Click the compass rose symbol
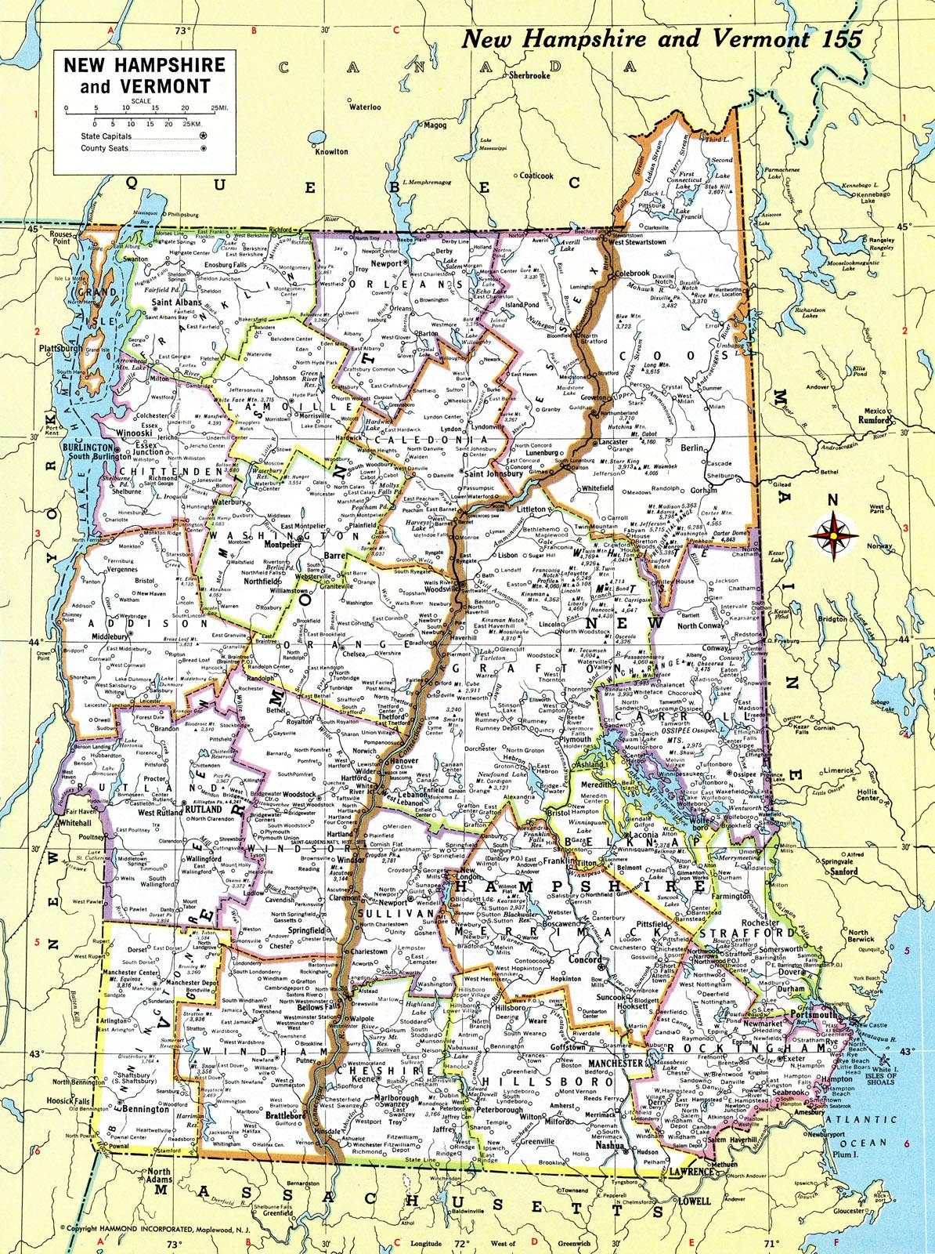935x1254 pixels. click(x=833, y=533)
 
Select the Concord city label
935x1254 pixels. click(x=583, y=959)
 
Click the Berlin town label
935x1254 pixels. click(x=694, y=447)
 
